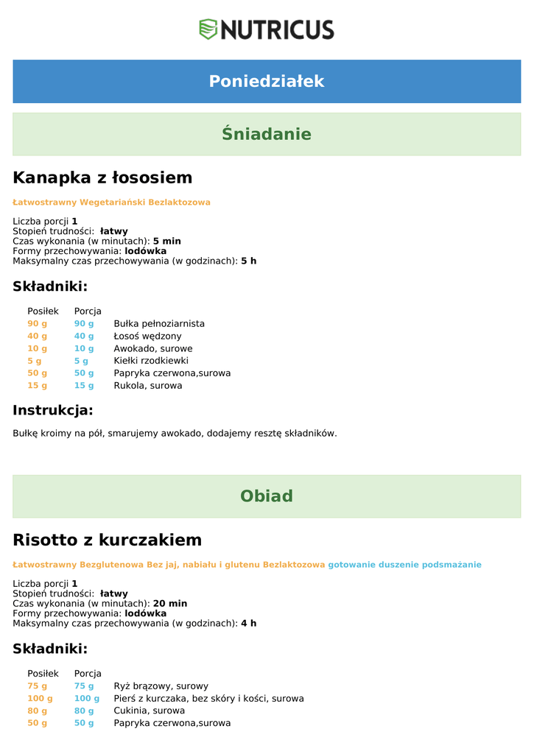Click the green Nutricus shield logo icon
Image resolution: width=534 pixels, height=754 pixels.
208,29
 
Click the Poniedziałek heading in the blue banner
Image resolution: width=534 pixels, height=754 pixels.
267,81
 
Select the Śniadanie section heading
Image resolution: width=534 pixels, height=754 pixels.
267,134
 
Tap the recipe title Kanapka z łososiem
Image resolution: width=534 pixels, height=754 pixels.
102,177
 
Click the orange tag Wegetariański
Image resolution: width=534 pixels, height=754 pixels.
112,202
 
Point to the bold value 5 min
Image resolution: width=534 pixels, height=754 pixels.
166,241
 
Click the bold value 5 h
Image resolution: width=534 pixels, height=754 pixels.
248,261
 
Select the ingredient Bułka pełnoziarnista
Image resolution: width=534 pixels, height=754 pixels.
159,323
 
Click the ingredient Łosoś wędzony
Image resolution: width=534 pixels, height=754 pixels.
147,336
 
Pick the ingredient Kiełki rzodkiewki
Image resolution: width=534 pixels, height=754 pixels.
151,361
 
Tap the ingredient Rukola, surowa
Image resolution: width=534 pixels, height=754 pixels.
148,385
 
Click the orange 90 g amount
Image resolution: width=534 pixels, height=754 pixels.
38,323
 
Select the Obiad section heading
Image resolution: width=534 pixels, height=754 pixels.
267,496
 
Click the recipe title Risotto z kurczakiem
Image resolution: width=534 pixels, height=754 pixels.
108,540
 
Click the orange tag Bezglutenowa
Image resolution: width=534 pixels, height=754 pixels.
111,565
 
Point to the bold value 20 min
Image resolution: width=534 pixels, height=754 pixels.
170,603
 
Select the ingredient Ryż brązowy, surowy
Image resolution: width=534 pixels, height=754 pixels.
161,686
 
